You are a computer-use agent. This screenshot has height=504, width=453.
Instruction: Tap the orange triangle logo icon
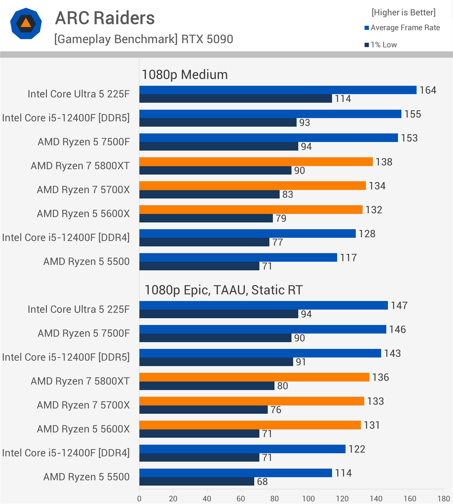click(26, 23)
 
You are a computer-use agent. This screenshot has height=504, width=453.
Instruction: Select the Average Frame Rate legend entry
click(402, 28)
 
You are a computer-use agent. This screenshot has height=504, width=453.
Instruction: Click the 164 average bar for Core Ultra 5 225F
click(278, 90)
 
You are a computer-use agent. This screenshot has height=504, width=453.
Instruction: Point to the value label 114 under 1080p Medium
click(343, 99)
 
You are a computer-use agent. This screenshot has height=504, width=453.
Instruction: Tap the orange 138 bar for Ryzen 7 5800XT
click(256, 162)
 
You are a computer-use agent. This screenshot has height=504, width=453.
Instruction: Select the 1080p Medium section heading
click(185, 75)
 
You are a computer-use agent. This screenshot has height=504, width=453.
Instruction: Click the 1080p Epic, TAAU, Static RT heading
click(223, 290)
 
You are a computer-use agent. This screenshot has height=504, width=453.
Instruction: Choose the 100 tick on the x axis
click(308, 499)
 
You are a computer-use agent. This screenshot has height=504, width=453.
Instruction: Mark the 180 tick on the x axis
click(444, 499)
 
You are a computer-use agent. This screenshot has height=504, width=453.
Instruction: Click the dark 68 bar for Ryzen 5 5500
click(196, 481)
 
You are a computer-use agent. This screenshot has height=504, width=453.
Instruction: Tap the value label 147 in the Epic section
click(399, 305)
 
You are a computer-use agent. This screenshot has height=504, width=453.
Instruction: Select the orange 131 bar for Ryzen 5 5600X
click(250, 425)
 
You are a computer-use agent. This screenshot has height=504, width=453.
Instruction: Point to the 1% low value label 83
click(288, 194)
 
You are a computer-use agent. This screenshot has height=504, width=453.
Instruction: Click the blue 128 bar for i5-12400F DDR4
click(247, 233)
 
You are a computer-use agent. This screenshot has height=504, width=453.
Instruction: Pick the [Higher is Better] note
click(403, 12)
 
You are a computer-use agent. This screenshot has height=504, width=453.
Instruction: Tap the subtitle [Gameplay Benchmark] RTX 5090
click(143, 39)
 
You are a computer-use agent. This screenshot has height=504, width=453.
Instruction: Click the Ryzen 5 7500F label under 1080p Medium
click(83, 142)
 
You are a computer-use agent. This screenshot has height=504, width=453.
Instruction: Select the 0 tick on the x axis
click(139, 499)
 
